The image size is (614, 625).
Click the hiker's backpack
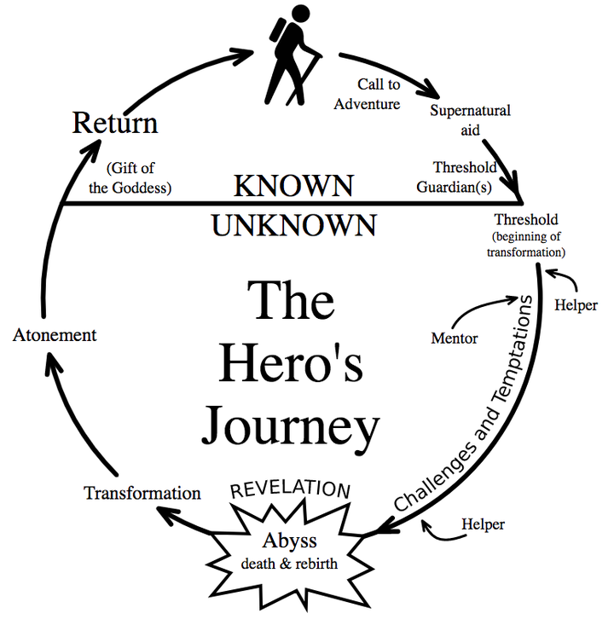point(278,30)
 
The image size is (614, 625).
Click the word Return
point(115,123)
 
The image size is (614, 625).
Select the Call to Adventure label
point(368,94)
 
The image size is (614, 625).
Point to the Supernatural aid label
point(470,120)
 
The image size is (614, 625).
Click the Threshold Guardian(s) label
point(456,177)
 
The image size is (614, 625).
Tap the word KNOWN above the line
point(293,186)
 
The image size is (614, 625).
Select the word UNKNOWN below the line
point(294,225)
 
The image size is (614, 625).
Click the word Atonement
point(55,335)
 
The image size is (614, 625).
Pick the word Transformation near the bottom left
point(142,493)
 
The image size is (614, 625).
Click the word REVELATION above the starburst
point(290,489)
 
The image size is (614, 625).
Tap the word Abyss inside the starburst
point(290,541)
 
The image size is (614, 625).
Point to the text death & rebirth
point(289,564)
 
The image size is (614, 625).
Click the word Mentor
point(455,339)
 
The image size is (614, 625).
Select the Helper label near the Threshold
point(576,305)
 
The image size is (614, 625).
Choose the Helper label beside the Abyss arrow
point(484,524)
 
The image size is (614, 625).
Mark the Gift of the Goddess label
point(130,177)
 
